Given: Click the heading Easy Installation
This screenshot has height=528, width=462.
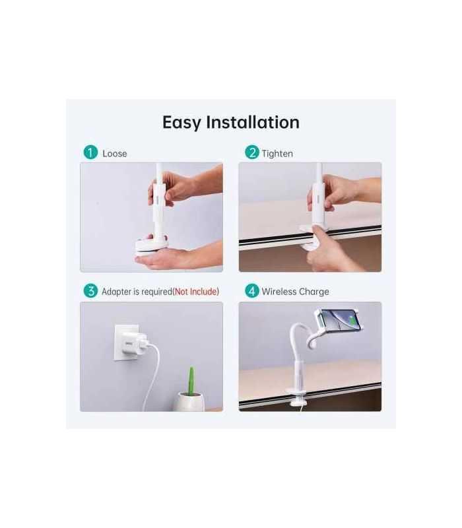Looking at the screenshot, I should [231, 122].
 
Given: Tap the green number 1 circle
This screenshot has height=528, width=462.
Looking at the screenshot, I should [90, 152].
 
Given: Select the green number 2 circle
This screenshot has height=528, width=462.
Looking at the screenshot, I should [251, 152].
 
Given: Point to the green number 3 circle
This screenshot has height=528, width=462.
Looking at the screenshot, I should [90, 290].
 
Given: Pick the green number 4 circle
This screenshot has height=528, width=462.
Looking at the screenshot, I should [251, 290].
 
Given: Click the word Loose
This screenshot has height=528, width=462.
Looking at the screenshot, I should [115, 153].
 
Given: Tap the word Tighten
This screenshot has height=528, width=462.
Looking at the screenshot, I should [277, 153].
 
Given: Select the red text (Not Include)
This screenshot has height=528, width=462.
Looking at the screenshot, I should [196, 291].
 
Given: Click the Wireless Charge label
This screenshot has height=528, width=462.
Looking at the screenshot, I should [295, 291].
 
